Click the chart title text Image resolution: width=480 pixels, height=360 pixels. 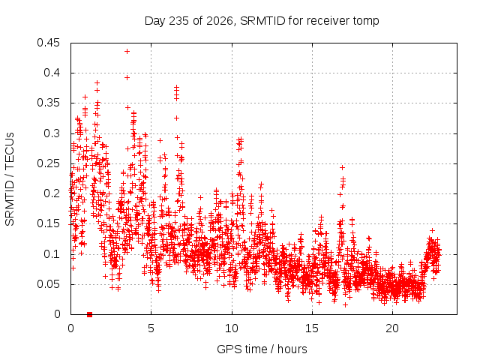[x=262, y=21]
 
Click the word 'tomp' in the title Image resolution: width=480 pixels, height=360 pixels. [x=366, y=22]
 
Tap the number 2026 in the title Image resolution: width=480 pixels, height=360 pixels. [x=220, y=21]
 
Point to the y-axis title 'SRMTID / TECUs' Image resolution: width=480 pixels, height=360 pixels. [x=10, y=179]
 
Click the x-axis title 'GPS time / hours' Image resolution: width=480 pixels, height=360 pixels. [x=262, y=349]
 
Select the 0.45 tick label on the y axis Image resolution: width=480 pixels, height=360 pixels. [x=48, y=43]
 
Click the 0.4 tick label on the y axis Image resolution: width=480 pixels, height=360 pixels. [x=52, y=73]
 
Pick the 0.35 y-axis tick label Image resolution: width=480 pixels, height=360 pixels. [x=48, y=103]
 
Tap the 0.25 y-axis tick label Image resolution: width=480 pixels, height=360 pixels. [x=48, y=163]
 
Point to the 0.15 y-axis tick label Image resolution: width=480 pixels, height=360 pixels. [x=48, y=223]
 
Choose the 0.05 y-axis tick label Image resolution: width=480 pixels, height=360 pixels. [x=48, y=284]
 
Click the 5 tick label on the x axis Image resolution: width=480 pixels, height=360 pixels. [x=151, y=328]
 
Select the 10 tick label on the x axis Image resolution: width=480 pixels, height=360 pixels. [x=232, y=328]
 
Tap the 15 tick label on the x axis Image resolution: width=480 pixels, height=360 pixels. [x=312, y=328]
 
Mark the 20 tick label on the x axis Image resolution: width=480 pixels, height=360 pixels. [x=392, y=328]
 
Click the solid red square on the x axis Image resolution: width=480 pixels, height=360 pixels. [x=90, y=314]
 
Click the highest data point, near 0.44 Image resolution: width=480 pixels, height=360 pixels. [x=127, y=52]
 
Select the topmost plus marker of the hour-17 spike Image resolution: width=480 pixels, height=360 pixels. [x=342, y=167]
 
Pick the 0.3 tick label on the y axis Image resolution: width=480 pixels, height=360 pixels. [x=52, y=133]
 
